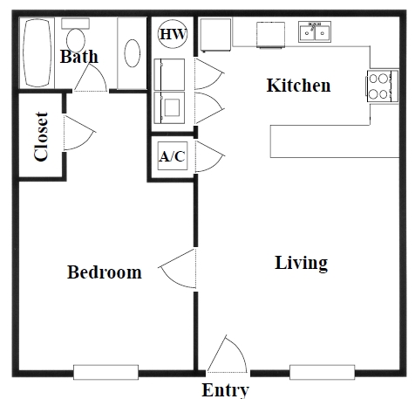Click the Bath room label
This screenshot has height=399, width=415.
tap(79, 57)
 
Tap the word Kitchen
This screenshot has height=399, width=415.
tap(299, 86)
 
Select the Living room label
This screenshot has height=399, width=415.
tap(302, 263)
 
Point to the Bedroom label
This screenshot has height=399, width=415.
tap(105, 272)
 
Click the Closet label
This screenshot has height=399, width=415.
tap(41, 136)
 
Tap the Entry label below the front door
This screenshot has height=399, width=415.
tap(226, 390)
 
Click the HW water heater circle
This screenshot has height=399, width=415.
tap(173, 34)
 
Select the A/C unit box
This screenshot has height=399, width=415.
tap(173, 156)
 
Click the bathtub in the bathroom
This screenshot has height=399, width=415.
tap(37, 52)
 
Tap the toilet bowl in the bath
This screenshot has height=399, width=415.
tap(76, 40)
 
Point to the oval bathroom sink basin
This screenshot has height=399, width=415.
tap(133, 53)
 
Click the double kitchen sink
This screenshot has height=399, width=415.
tap(315, 32)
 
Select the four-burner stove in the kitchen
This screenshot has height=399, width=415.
tap(382, 86)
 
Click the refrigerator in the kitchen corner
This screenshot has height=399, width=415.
tap(215, 35)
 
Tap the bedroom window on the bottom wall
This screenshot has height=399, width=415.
tap(105, 372)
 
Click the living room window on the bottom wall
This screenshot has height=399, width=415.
tap(322, 372)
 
